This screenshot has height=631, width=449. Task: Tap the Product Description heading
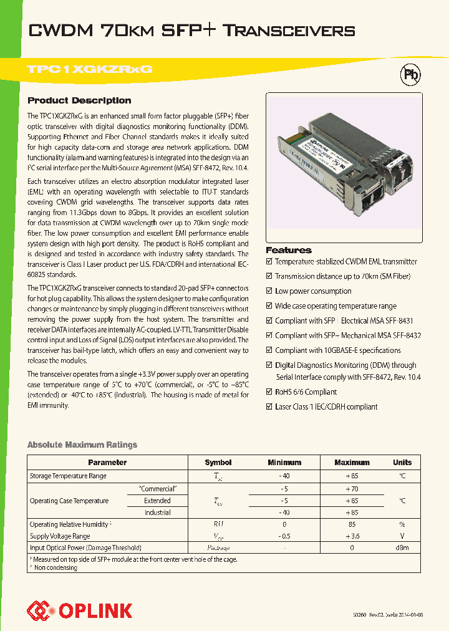(79, 100)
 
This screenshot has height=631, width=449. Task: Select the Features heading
(289, 249)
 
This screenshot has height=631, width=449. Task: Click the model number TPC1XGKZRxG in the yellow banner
(90, 70)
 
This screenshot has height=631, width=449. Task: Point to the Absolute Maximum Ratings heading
(82, 445)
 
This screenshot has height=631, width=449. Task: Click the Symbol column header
(218, 463)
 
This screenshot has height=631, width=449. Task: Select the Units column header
(402, 463)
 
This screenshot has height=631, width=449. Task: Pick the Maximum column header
(352, 463)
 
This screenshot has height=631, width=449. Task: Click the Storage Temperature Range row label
(68, 476)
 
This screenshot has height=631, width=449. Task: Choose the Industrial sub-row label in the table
(157, 513)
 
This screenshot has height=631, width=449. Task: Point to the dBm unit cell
(402, 547)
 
